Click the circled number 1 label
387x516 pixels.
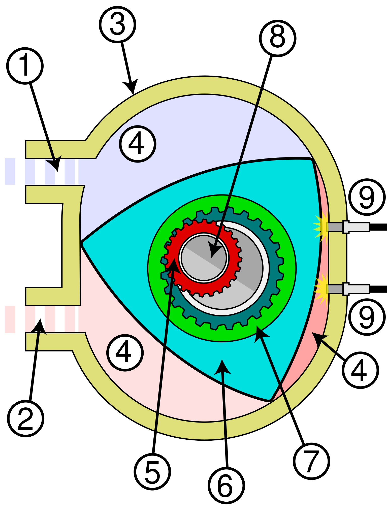25,66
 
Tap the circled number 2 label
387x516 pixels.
25,418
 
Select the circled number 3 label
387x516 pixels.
117,25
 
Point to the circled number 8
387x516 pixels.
278,38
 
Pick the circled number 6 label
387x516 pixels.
226,485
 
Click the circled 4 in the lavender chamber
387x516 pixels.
138,144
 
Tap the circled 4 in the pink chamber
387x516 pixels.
125,352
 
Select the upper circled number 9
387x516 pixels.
367,197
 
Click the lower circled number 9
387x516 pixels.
367,317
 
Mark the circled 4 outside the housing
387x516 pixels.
360,370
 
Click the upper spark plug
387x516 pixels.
348,227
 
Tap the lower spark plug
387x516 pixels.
348,289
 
